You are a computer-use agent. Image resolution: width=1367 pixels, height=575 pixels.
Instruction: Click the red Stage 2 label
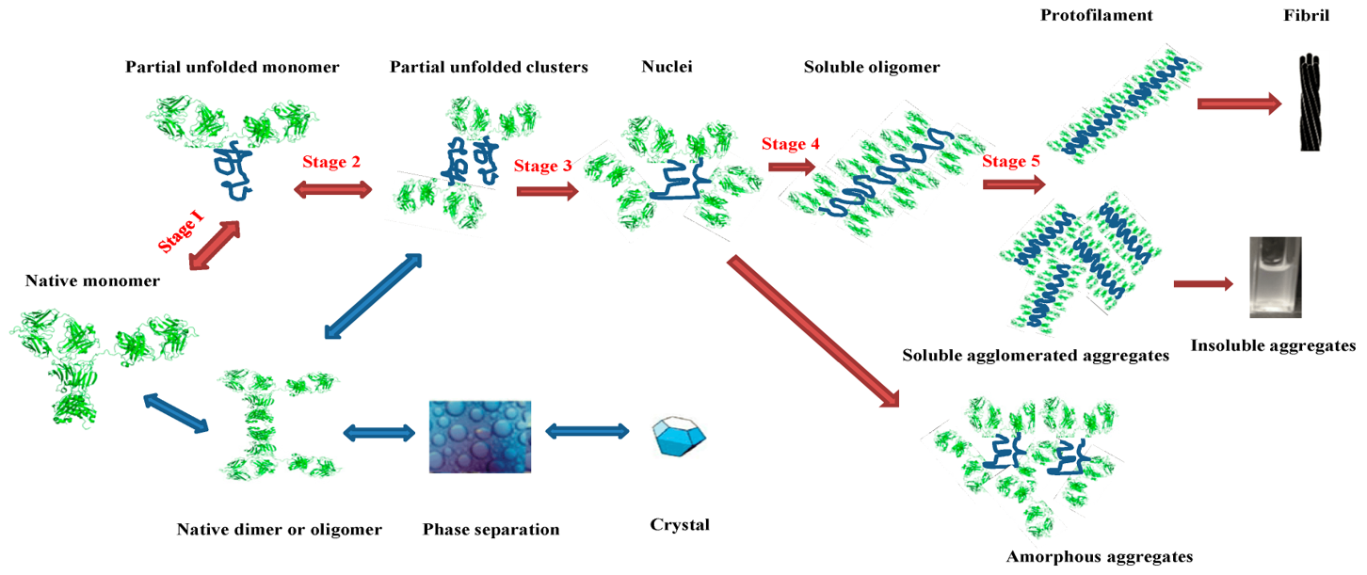[331, 162]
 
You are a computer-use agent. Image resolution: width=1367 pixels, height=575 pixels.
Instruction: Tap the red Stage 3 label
[543, 167]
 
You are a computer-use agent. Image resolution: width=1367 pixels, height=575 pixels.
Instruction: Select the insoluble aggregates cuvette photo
[1275, 277]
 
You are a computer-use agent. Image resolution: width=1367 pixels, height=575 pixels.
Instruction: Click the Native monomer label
[92, 280]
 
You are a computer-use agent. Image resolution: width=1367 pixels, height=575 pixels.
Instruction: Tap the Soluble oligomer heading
[872, 68]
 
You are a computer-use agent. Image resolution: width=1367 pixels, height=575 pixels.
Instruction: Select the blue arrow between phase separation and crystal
[588, 432]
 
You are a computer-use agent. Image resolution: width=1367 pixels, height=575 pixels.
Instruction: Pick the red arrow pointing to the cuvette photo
[1203, 283]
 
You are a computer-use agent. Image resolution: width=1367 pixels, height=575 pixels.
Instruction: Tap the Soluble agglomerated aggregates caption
[1036, 356]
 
